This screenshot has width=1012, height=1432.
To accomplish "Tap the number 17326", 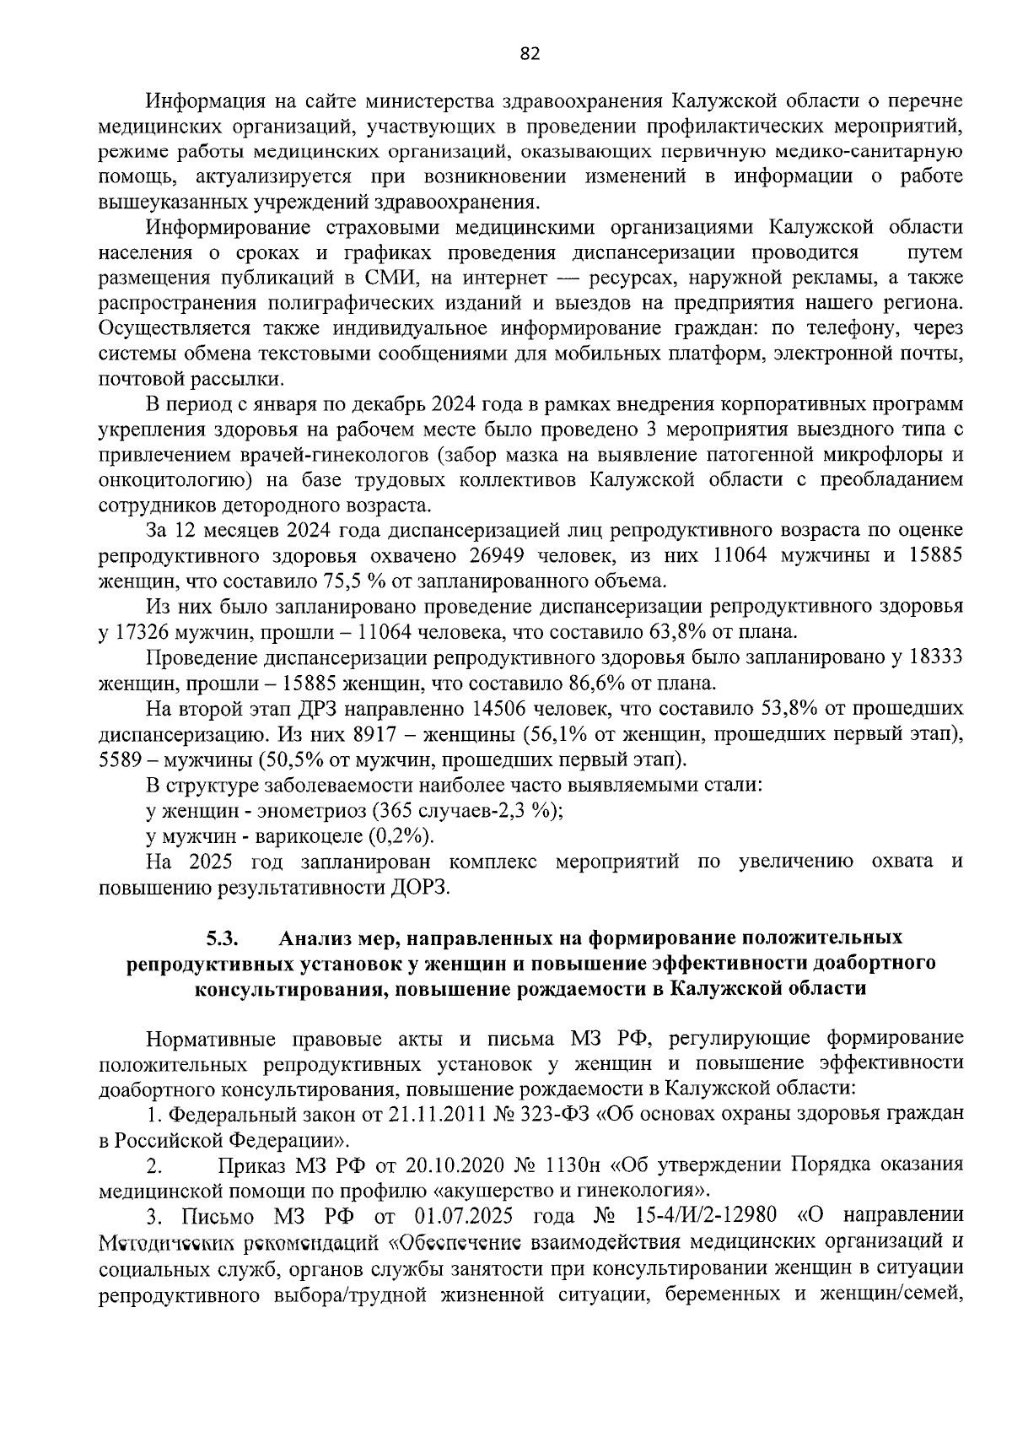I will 145,631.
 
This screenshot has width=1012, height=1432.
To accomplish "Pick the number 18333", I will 932,657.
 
